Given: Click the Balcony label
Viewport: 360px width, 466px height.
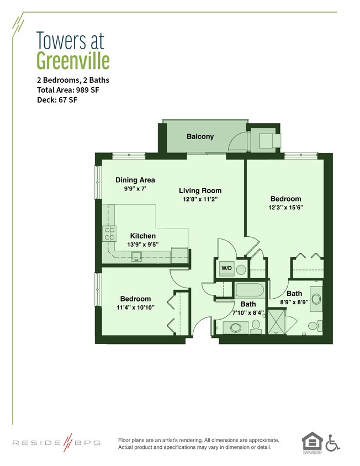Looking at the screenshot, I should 200,136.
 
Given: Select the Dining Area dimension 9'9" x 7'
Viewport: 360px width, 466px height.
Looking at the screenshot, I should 135,189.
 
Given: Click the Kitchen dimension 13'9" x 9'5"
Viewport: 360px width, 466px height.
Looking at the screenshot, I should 142,245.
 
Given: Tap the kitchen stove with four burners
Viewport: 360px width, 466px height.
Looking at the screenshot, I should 109,234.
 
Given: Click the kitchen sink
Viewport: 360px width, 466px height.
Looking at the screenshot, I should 136,255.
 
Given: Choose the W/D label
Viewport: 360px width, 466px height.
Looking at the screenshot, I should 226,268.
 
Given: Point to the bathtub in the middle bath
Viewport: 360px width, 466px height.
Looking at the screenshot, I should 251,290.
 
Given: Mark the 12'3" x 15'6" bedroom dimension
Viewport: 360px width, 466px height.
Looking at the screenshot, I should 285,208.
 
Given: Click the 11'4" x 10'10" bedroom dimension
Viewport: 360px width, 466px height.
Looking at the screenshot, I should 135,308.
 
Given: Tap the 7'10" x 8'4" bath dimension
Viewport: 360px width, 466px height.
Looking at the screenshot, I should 248,313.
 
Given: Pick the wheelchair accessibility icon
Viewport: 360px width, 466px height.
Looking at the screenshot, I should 332,442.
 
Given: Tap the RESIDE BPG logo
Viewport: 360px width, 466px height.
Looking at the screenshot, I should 56,443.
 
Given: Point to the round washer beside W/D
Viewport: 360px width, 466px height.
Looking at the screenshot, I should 240,269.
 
